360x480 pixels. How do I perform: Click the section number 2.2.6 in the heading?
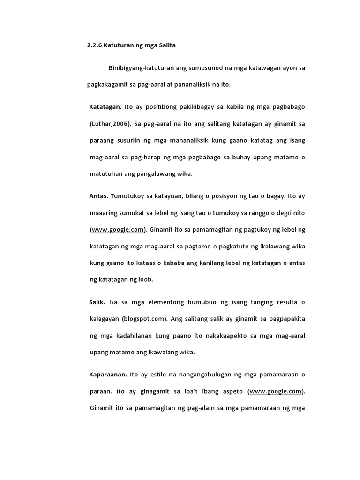coord(95,45)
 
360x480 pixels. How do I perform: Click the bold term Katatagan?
coord(105,106)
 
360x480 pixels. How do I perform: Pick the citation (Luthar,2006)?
coord(110,123)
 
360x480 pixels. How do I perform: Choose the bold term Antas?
coord(98,195)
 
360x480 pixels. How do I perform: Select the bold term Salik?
coord(97,301)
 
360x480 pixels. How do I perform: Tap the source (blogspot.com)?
coord(144,318)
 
